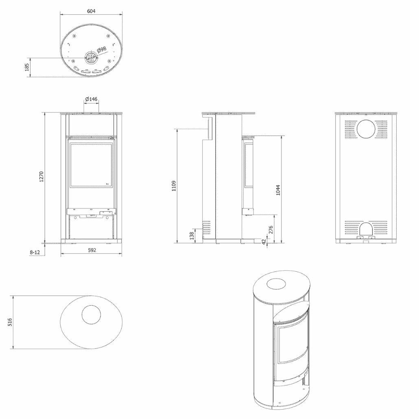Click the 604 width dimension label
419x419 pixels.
click(91, 11)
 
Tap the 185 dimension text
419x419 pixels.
click(27, 67)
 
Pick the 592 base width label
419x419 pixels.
click(92, 250)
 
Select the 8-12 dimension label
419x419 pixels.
click(35, 252)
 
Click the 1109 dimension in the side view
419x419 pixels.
click(174, 186)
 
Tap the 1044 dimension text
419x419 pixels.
click(278, 190)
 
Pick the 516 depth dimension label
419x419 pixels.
click(10, 322)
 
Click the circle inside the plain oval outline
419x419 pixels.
click(92, 314)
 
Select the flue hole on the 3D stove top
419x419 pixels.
click(279, 284)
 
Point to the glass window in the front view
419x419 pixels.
click(92, 165)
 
